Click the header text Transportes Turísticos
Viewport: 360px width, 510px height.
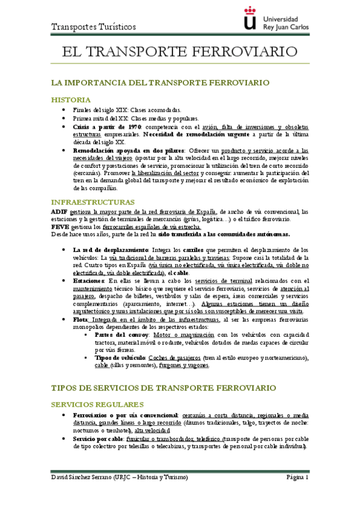[94, 27]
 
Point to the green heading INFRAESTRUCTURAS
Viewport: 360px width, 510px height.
[93, 201]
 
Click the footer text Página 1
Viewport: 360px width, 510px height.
[297, 478]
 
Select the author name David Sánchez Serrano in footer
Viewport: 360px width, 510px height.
[87, 478]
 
